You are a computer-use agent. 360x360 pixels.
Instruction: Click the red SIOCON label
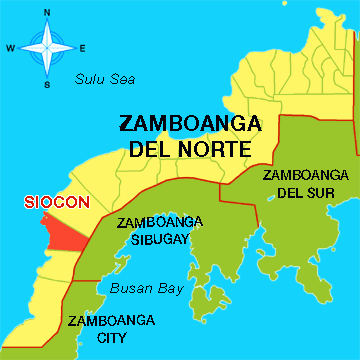click(51, 201)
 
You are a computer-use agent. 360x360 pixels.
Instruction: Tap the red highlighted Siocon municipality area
click(62, 231)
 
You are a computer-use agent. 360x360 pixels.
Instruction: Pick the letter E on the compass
click(83, 48)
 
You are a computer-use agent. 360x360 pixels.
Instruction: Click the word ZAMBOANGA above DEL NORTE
click(190, 125)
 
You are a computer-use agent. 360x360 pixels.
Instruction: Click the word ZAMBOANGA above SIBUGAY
click(160, 221)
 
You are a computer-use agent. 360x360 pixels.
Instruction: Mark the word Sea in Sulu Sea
click(121, 79)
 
